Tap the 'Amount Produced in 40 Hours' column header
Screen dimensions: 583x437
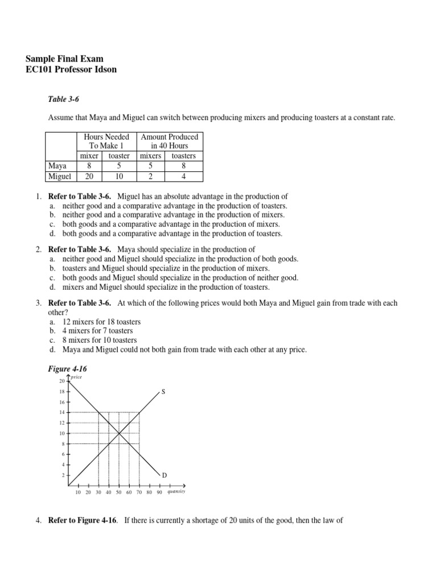pyautogui.click(x=169, y=141)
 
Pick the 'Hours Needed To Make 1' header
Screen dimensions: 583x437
pyautogui.click(x=106, y=141)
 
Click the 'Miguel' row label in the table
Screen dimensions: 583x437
pyautogui.click(x=59, y=176)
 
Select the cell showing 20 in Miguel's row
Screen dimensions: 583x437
pyautogui.click(x=89, y=176)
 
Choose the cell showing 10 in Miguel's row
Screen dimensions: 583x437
pyautogui.click(x=119, y=176)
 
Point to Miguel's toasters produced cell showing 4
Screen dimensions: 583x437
pyautogui.click(x=183, y=176)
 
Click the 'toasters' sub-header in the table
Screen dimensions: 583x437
pyautogui.click(x=183, y=156)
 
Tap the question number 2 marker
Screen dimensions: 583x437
pyautogui.click(x=38, y=249)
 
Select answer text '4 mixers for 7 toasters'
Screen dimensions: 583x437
pyautogui.click(x=97, y=331)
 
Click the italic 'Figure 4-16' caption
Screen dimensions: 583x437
pyautogui.click(x=68, y=369)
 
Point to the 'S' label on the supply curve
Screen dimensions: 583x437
pyautogui.click(x=163, y=392)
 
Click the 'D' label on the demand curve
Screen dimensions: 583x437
pyautogui.click(x=164, y=475)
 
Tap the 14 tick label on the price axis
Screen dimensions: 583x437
pyautogui.click(x=62, y=412)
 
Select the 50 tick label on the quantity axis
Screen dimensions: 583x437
pyautogui.click(x=118, y=492)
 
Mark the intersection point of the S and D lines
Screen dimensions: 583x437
pyautogui.click(x=119, y=433)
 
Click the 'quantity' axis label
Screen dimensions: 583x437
pyautogui.click(x=176, y=491)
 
